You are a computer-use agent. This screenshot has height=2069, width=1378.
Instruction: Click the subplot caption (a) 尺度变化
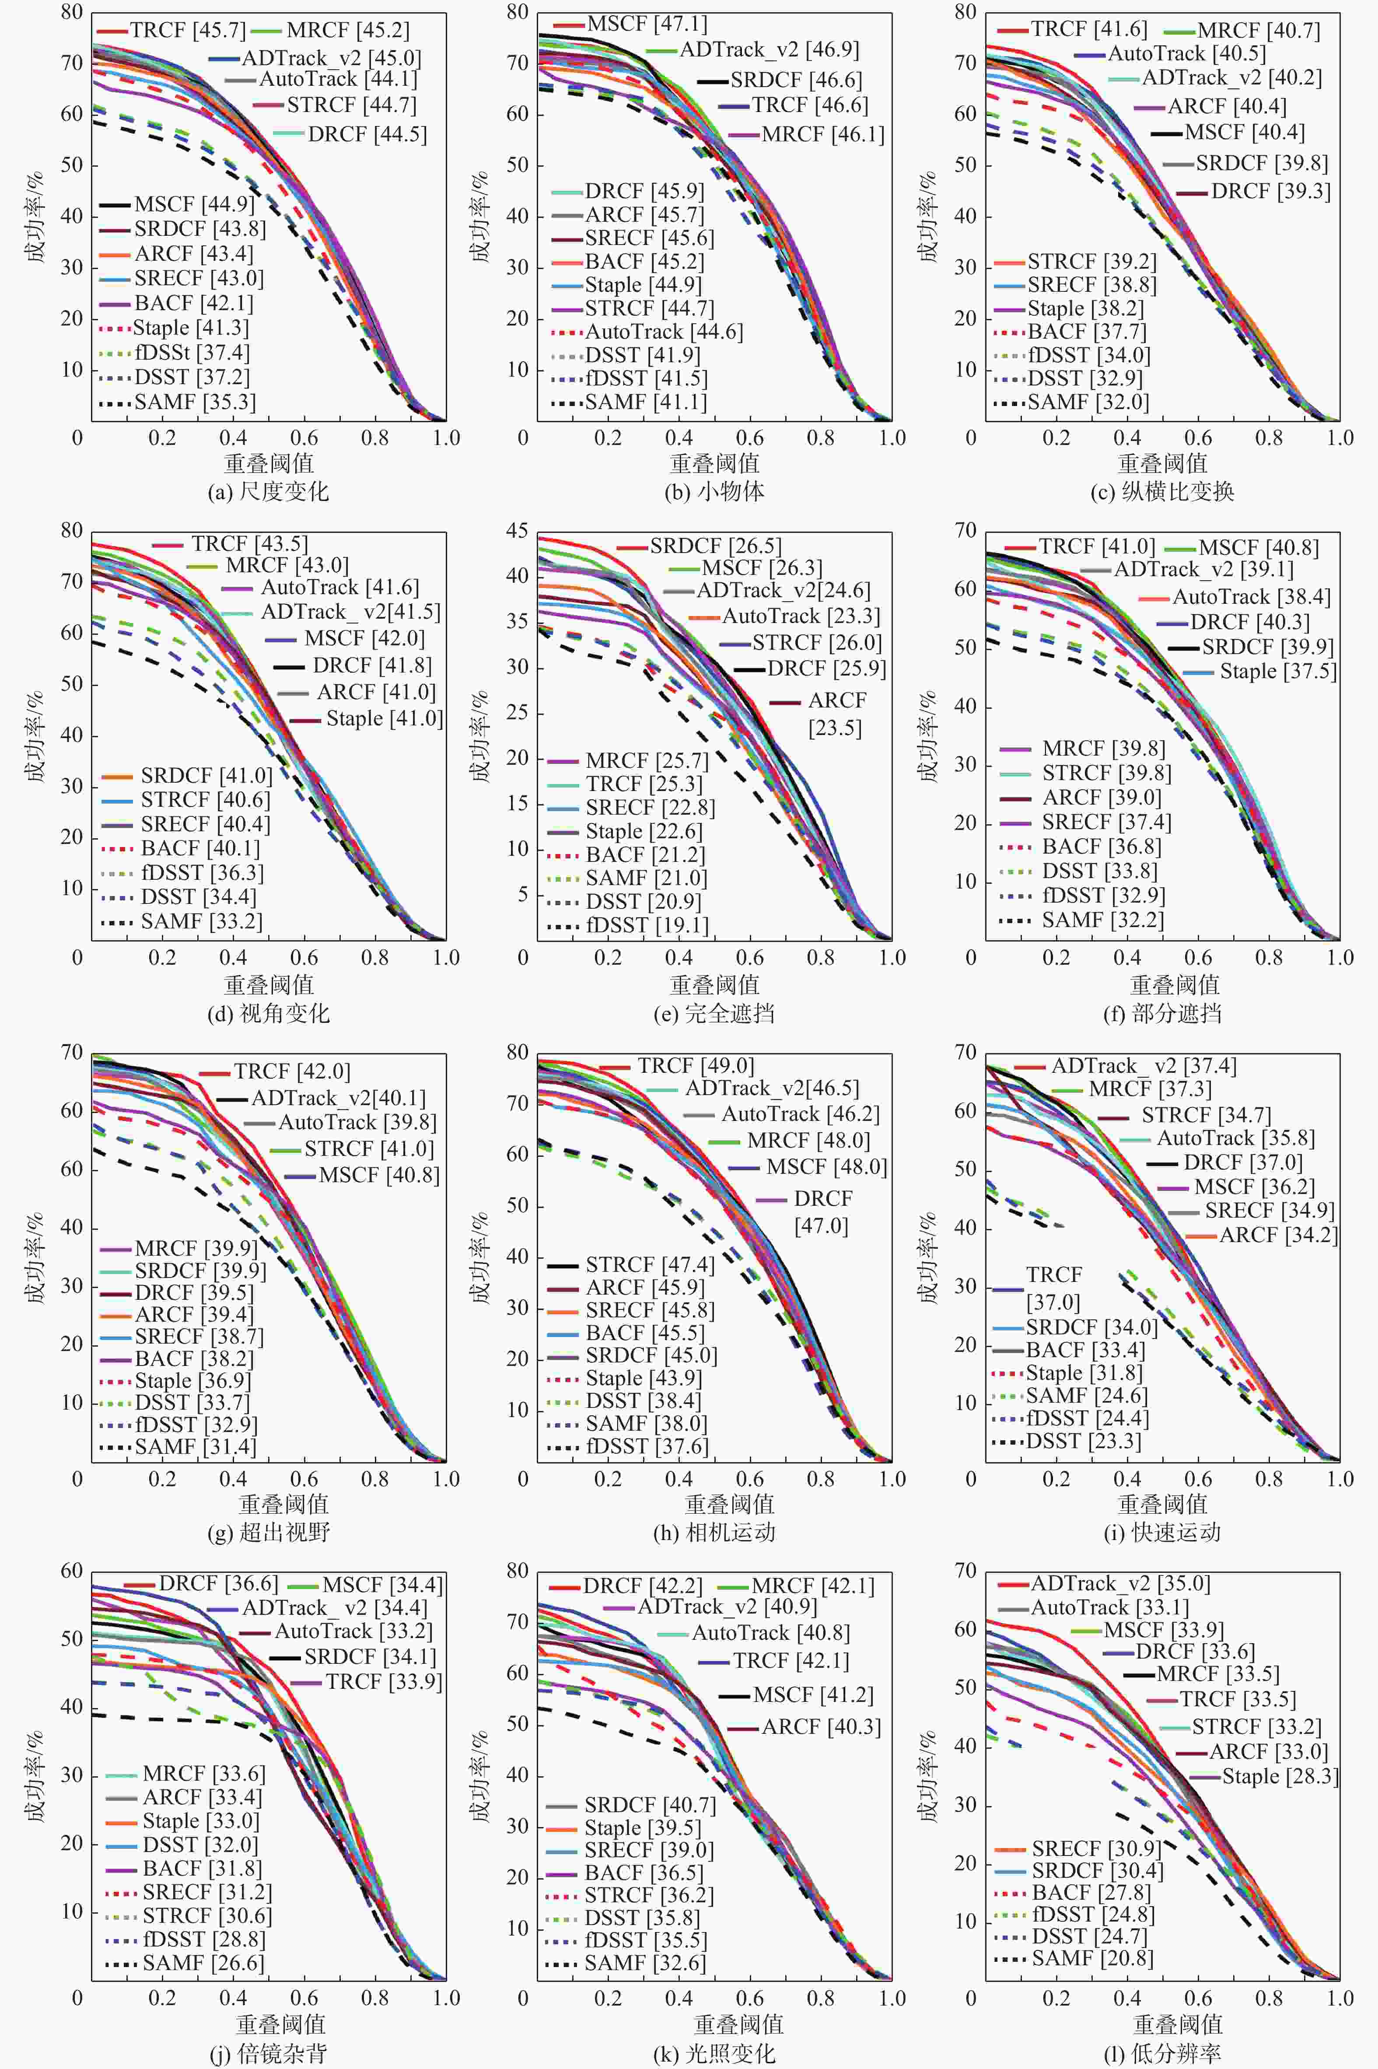pyautogui.click(x=268, y=491)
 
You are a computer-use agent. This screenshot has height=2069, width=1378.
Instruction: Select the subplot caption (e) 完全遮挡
pyautogui.click(x=714, y=1013)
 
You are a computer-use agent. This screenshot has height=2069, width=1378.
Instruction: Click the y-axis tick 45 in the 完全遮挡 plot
pyautogui.click(x=517, y=531)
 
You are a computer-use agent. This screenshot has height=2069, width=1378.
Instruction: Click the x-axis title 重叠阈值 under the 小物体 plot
pyautogui.click(x=714, y=463)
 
